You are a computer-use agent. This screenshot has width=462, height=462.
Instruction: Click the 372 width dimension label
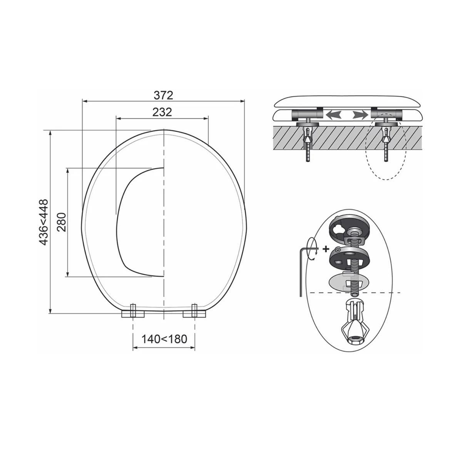tap(163, 95)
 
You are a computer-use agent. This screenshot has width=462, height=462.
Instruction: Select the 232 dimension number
tap(162, 112)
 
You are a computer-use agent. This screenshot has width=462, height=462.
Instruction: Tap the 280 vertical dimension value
tap(62, 222)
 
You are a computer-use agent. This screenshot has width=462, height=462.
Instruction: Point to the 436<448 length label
tap(44, 222)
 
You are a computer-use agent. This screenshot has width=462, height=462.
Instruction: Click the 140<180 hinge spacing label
tap(164, 339)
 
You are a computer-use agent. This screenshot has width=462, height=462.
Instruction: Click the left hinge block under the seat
tap(133, 314)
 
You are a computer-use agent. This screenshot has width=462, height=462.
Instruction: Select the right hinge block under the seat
tap(194, 314)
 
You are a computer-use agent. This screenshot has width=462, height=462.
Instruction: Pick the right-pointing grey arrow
tap(360, 115)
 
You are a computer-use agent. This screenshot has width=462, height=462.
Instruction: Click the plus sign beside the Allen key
tap(326, 249)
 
